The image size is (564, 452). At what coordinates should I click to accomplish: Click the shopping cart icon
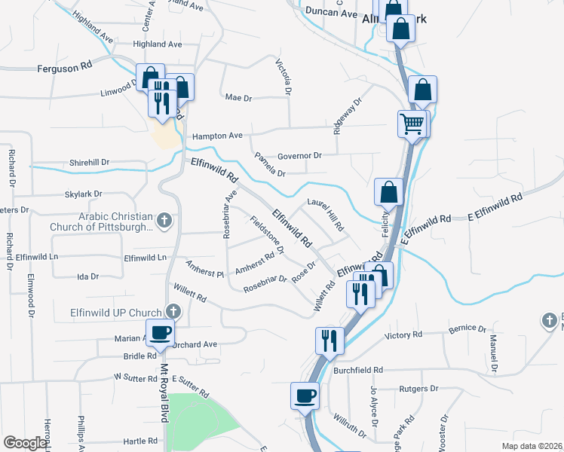point(412,123)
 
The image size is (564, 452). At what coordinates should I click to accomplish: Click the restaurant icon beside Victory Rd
point(330,341)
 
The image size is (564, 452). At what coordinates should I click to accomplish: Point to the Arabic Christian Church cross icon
point(166,221)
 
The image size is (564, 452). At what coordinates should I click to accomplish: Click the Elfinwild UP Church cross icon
point(173,311)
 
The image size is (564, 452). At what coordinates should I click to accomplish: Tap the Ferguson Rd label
point(64,66)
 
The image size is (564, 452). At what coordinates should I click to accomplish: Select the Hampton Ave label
point(217,136)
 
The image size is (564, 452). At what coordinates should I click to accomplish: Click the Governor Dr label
point(299,156)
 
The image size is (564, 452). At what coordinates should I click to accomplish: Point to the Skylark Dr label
point(83,194)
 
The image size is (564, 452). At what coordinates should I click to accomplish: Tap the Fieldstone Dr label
point(267,236)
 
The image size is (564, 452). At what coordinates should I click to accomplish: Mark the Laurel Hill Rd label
point(326,215)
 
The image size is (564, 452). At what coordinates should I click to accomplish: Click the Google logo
point(25,442)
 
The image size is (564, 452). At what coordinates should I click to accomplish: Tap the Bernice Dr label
point(467,329)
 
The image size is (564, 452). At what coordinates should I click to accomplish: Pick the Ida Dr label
point(88,276)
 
